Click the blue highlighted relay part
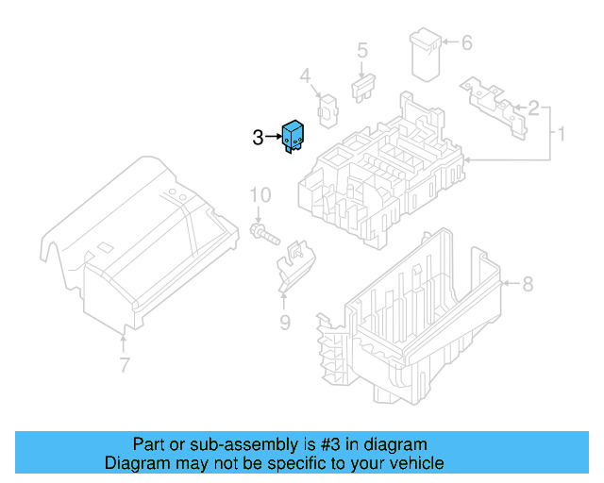[293, 138]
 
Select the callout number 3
[259, 139]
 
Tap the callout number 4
[305, 75]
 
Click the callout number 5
[361, 51]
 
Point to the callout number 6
[465, 42]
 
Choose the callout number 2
[533, 108]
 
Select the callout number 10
[260, 195]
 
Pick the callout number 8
[528, 283]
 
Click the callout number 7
[124, 364]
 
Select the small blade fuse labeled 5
[363, 91]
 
